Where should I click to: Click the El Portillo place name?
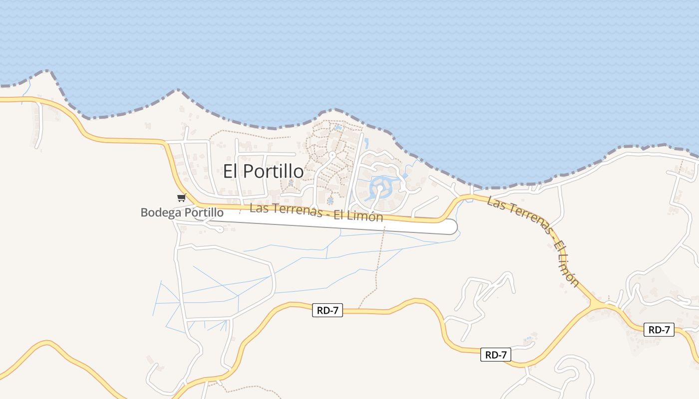point(263,171)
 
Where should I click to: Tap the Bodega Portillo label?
point(182,212)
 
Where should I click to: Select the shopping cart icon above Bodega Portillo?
point(181,198)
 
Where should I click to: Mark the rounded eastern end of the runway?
point(451,226)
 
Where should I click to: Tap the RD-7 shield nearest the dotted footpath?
point(328,310)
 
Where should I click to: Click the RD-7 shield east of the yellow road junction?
point(659,330)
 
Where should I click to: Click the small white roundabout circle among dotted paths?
point(332,155)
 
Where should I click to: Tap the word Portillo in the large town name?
point(274,171)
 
